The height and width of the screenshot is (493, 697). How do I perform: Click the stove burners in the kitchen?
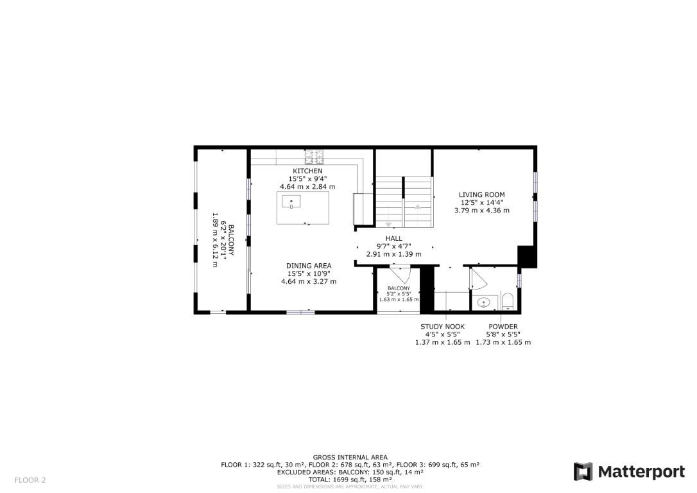tap(314, 155)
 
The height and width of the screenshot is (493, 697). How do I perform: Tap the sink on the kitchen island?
tap(291, 203)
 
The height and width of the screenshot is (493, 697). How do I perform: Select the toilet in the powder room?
tap(507, 301)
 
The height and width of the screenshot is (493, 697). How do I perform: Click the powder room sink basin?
tap(484, 301)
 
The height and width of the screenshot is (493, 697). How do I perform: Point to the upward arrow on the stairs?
tap(418, 207)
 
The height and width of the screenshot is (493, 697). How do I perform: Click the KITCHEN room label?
tap(307, 171)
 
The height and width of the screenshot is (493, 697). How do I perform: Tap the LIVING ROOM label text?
tap(481, 195)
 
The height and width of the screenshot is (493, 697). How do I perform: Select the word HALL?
tap(393, 238)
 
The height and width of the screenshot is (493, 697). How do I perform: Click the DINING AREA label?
tap(309, 266)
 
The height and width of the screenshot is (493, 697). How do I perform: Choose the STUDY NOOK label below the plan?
tap(442, 327)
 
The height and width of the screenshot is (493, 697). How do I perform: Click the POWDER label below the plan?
tap(503, 327)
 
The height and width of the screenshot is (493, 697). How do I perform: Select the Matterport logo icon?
tap(583, 472)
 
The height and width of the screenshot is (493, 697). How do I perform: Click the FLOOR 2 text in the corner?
tap(30, 480)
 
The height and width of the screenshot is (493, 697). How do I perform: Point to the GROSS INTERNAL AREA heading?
tap(350, 458)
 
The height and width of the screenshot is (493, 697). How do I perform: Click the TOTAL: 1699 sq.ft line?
tap(350, 479)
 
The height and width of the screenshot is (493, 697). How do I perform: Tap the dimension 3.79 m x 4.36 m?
tap(481, 211)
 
